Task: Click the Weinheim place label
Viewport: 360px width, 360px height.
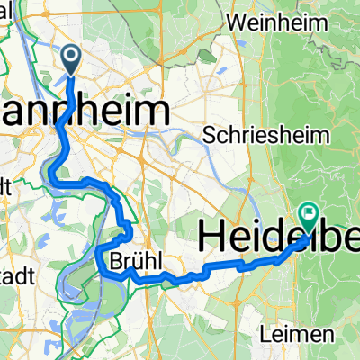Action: point(269,19)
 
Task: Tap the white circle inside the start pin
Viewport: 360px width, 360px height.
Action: point(71,57)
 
